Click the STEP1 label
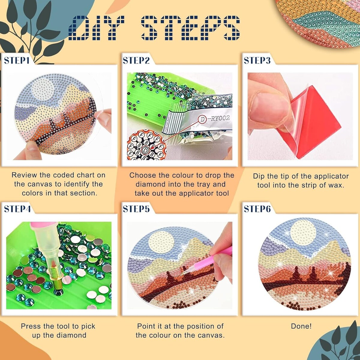click(x=16, y=60)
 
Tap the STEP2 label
click(x=136, y=60)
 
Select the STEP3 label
click(x=257, y=60)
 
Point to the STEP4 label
click(x=17, y=209)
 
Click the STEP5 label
click(x=136, y=209)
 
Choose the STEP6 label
click(x=257, y=209)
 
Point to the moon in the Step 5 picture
click(x=162, y=242)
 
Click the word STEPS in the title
click(x=190, y=28)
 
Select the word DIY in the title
click(x=97, y=28)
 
